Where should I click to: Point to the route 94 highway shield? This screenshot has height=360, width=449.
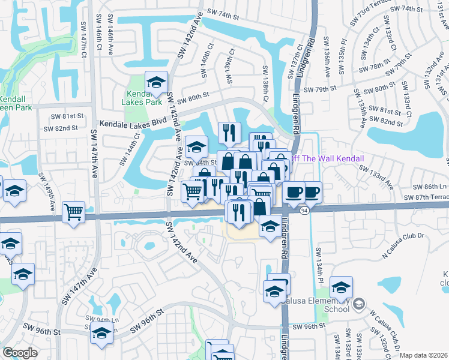(x=304, y=211)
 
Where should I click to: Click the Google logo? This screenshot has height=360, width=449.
(x=20, y=353)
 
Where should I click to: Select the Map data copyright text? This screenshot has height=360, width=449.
(x=424, y=355)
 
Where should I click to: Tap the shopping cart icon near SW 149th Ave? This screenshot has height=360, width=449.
(x=73, y=211)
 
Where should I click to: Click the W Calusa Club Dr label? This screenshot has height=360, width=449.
(x=384, y=325)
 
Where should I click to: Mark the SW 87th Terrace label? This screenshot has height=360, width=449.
(x=426, y=197)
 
